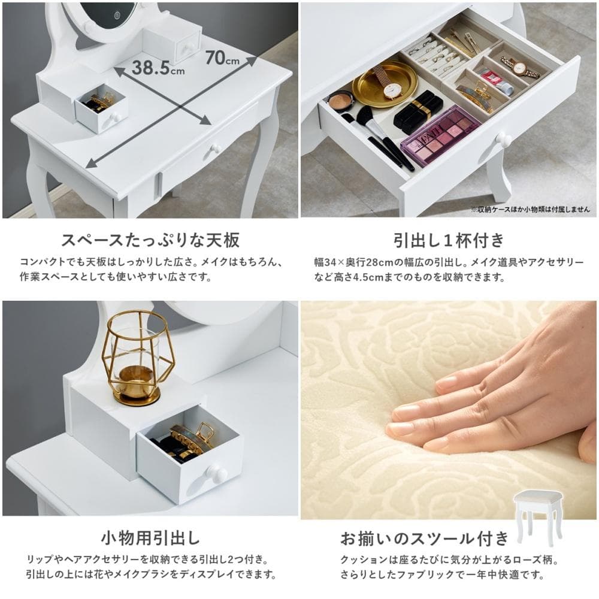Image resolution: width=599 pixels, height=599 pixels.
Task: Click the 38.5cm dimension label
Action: coord(158,68)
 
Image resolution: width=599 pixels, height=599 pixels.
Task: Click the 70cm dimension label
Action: coord(222,58)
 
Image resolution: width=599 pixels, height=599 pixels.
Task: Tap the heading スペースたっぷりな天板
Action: coord(150,240)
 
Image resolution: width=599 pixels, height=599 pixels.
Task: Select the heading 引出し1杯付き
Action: coord(449,240)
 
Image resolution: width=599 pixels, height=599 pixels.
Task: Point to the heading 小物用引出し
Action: coord(150,538)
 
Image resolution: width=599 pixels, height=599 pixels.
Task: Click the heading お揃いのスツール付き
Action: coord(425,539)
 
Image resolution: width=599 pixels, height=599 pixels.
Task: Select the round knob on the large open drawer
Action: coord(504,140)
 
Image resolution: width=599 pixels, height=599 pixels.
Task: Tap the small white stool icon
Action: coord(539,518)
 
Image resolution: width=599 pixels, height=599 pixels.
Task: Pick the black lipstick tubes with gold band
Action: coord(418,109)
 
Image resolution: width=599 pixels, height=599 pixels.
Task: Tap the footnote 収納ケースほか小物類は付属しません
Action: coord(531,209)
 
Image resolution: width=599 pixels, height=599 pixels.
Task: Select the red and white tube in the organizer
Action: coord(497,80)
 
